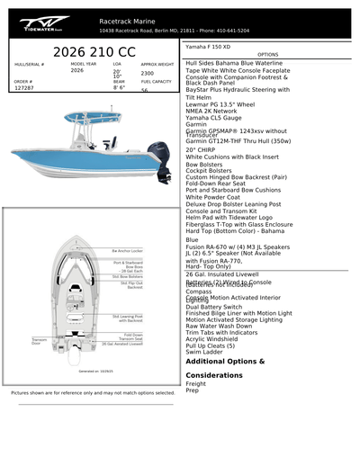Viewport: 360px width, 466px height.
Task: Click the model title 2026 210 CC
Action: (x=94, y=51)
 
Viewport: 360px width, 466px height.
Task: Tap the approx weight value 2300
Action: (x=148, y=73)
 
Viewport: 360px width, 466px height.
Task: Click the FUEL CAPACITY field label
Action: (x=156, y=81)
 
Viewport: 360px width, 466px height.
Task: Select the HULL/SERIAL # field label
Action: (x=30, y=65)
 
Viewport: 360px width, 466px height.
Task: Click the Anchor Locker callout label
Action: (x=127, y=251)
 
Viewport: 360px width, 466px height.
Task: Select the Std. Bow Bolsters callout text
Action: (x=127, y=276)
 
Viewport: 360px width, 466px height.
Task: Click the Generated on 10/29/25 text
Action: (x=95, y=371)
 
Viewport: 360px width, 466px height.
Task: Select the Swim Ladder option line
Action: (x=206, y=352)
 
